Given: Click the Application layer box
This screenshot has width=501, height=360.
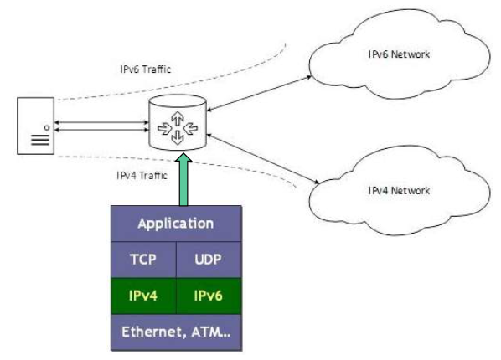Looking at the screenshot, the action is pos(176,224).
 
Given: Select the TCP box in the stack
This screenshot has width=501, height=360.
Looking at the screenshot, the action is pos(143,260).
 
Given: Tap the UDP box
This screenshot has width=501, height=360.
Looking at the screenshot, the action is pos(209,260).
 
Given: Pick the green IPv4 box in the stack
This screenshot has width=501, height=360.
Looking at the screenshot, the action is pos(143,296).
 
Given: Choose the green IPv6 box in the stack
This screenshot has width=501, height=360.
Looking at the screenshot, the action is pos(209,296).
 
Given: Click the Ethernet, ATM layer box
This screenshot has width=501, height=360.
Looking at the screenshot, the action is pos(176,332).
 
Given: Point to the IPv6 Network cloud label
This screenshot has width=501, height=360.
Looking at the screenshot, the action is pos(399,54).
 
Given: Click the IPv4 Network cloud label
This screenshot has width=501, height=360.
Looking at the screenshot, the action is pos(399,191).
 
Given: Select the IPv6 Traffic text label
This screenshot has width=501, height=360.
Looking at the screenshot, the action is pos(146,69).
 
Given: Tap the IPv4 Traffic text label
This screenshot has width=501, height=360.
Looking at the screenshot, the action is pos(142,175).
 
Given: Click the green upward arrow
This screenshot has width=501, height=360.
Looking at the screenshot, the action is pos(183,179).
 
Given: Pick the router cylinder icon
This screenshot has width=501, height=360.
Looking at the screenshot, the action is pos(178,122).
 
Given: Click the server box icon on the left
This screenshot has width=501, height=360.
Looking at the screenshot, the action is pos(35,126).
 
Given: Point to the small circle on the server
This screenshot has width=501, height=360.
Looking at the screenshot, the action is pos(47,128).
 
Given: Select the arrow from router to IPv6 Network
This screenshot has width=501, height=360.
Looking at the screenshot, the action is pos(259,93).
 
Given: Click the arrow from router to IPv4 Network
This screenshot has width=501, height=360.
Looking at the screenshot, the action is pos(263,159).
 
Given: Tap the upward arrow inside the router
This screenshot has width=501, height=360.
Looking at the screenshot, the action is pos(178,119).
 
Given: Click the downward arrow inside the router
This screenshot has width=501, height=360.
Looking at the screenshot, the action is pos(178,137).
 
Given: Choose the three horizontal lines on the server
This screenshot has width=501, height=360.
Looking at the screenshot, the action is pos(40,140).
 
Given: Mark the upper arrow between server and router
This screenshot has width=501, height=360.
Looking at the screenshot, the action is pos(101,122).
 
